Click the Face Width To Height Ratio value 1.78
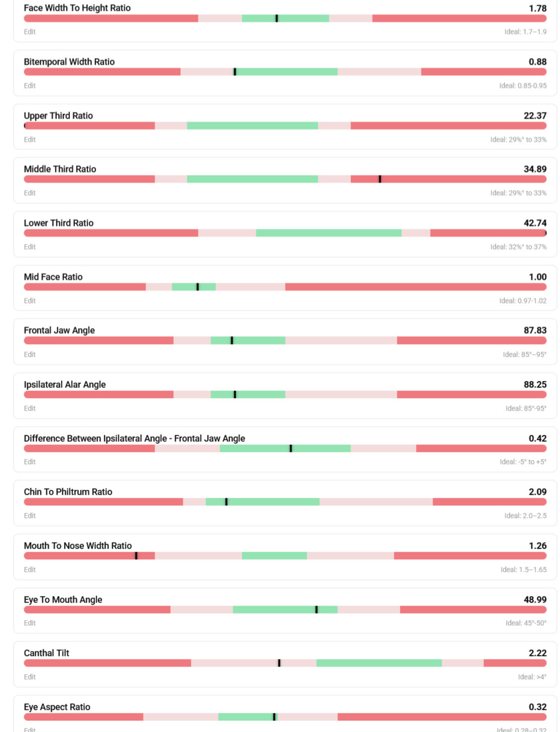click(x=537, y=9)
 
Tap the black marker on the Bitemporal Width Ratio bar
click(x=235, y=72)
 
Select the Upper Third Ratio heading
click(x=58, y=116)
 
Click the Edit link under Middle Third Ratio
click(x=30, y=193)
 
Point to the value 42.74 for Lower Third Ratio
click(x=535, y=223)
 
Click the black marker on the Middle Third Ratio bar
click(x=380, y=179)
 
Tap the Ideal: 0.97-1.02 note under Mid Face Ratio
click(x=523, y=301)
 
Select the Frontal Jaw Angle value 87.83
click(x=535, y=330)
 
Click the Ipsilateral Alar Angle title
click(x=64, y=384)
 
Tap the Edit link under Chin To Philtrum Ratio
click(x=30, y=516)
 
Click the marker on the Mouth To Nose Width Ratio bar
click(x=136, y=556)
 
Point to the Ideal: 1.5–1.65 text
click(x=523, y=570)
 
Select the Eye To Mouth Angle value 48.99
click(x=535, y=600)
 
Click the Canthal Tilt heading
click(x=46, y=653)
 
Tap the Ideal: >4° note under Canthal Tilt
click(x=532, y=677)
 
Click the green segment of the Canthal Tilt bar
click(x=379, y=663)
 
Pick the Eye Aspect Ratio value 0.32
click(x=537, y=707)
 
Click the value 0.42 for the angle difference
click(x=537, y=438)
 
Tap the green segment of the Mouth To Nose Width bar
click(x=274, y=556)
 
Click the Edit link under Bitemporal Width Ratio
click(x=30, y=86)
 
